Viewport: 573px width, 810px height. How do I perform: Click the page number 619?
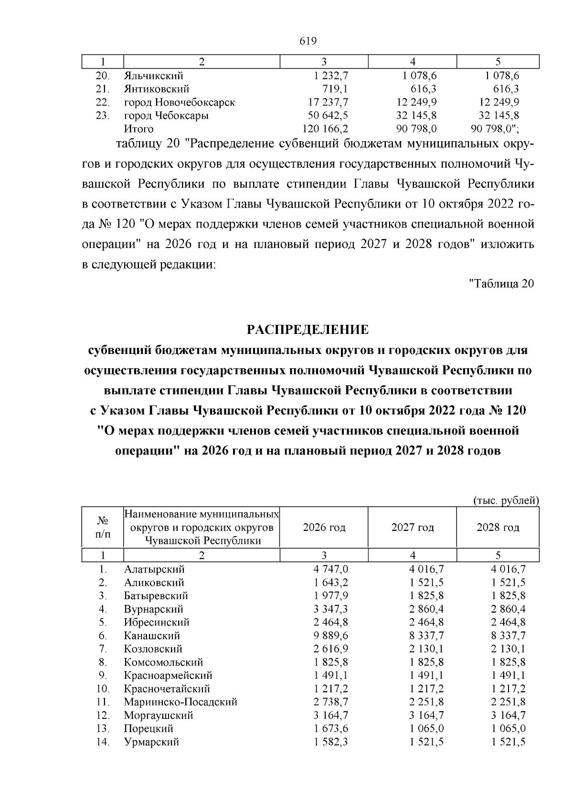click(308, 41)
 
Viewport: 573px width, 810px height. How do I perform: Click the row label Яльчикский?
click(153, 75)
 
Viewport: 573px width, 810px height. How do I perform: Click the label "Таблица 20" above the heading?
click(501, 283)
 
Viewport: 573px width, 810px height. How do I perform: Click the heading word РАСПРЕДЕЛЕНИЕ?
click(308, 330)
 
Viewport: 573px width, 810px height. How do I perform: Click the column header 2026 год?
click(324, 528)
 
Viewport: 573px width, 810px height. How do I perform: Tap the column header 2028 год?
click(498, 528)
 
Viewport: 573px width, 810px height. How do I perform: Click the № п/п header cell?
click(103, 528)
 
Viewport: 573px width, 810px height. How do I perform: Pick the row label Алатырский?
click(154, 569)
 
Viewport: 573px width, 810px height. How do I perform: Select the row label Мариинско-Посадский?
click(180, 702)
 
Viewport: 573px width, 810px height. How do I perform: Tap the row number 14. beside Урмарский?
click(103, 742)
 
